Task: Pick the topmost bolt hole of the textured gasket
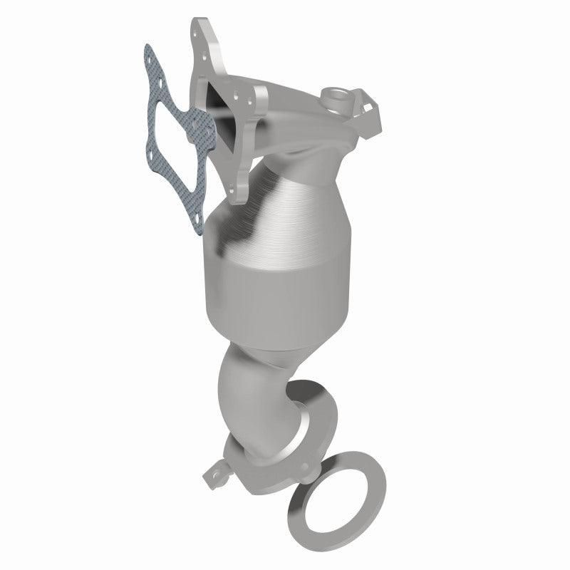click(149, 53)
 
